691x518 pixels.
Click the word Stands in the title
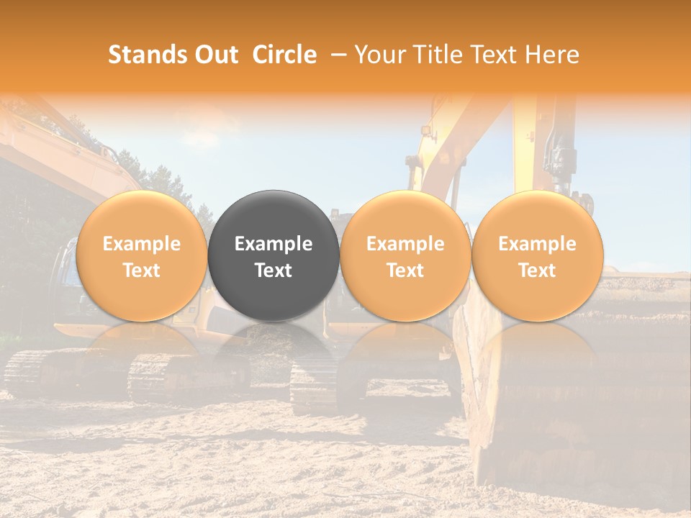tap(148, 55)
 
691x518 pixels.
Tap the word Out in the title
tap(216, 55)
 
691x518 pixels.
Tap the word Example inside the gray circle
tap(274, 244)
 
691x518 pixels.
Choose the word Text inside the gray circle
tap(274, 271)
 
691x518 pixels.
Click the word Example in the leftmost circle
tap(141, 244)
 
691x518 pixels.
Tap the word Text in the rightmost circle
tap(537, 271)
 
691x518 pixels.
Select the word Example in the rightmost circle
tap(537, 244)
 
